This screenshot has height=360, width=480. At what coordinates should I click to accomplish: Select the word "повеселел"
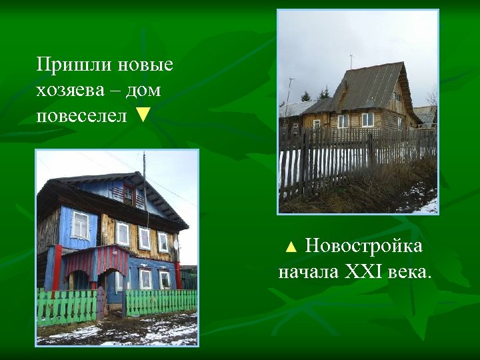[81, 115]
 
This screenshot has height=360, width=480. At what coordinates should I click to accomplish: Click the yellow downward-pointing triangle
[142, 115]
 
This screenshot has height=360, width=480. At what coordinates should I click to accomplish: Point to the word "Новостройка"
[363, 247]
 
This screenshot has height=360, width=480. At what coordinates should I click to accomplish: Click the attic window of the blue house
[128, 195]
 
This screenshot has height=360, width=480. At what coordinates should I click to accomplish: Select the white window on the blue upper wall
[80, 225]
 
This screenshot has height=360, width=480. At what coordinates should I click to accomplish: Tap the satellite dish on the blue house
[176, 244]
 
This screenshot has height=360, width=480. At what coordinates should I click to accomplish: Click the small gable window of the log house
[397, 95]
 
